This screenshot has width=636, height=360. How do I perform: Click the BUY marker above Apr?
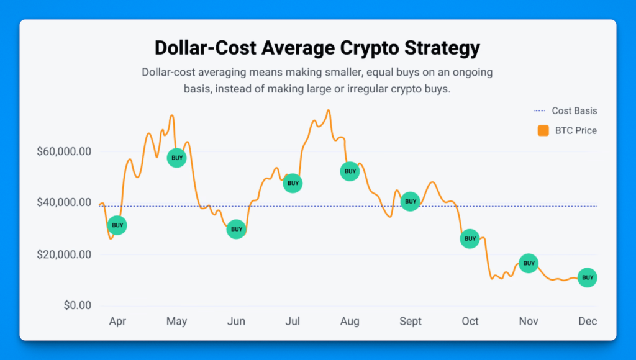pyautogui.click(x=117, y=225)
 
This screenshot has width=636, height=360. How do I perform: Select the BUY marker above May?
pyautogui.click(x=177, y=158)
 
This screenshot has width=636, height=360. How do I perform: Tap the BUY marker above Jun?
pyautogui.click(x=236, y=229)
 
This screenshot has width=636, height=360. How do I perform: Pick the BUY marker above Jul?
pyautogui.click(x=293, y=183)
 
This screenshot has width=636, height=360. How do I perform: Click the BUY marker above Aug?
pyautogui.click(x=350, y=171)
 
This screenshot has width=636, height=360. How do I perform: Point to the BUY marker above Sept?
pyautogui.click(x=411, y=202)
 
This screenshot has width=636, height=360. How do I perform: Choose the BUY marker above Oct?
pyautogui.click(x=470, y=239)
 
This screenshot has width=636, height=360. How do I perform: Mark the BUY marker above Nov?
pyautogui.click(x=529, y=263)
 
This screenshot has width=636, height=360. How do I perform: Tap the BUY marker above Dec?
pyautogui.click(x=588, y=277)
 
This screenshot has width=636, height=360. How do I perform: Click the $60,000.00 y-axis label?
pyautogui.click(x=64, y=151)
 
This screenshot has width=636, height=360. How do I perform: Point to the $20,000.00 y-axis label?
pyautogui.click(x=64, y=254)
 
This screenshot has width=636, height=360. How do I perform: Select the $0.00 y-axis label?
pyautogui.click(x=78, y=305)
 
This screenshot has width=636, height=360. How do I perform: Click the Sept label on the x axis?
pyautogui.click(x=411, y=322)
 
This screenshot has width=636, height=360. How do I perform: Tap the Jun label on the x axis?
pyautogui.click(x=236, y=322)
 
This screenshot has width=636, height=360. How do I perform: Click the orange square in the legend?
pyautogui.click(x=543, y=130)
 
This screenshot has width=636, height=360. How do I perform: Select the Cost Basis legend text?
pyautogui.click(x=575, y=110)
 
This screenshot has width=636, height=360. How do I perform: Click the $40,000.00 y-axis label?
pyautogui.click(x=64, y=202)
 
